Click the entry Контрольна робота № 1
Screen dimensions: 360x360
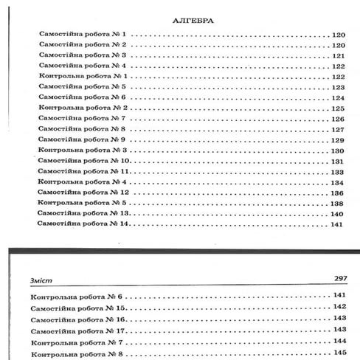tap(83, 76)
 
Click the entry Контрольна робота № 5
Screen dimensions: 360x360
tap(83, 202)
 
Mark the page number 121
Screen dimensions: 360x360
tap(339, 55)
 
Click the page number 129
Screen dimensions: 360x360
tap(339, 139)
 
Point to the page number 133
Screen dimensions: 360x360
tap(339, 171)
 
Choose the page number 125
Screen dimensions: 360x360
tap(339, 108)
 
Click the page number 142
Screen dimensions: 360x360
tap(340, 307)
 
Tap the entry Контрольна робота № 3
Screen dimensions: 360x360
tap(83, 150)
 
